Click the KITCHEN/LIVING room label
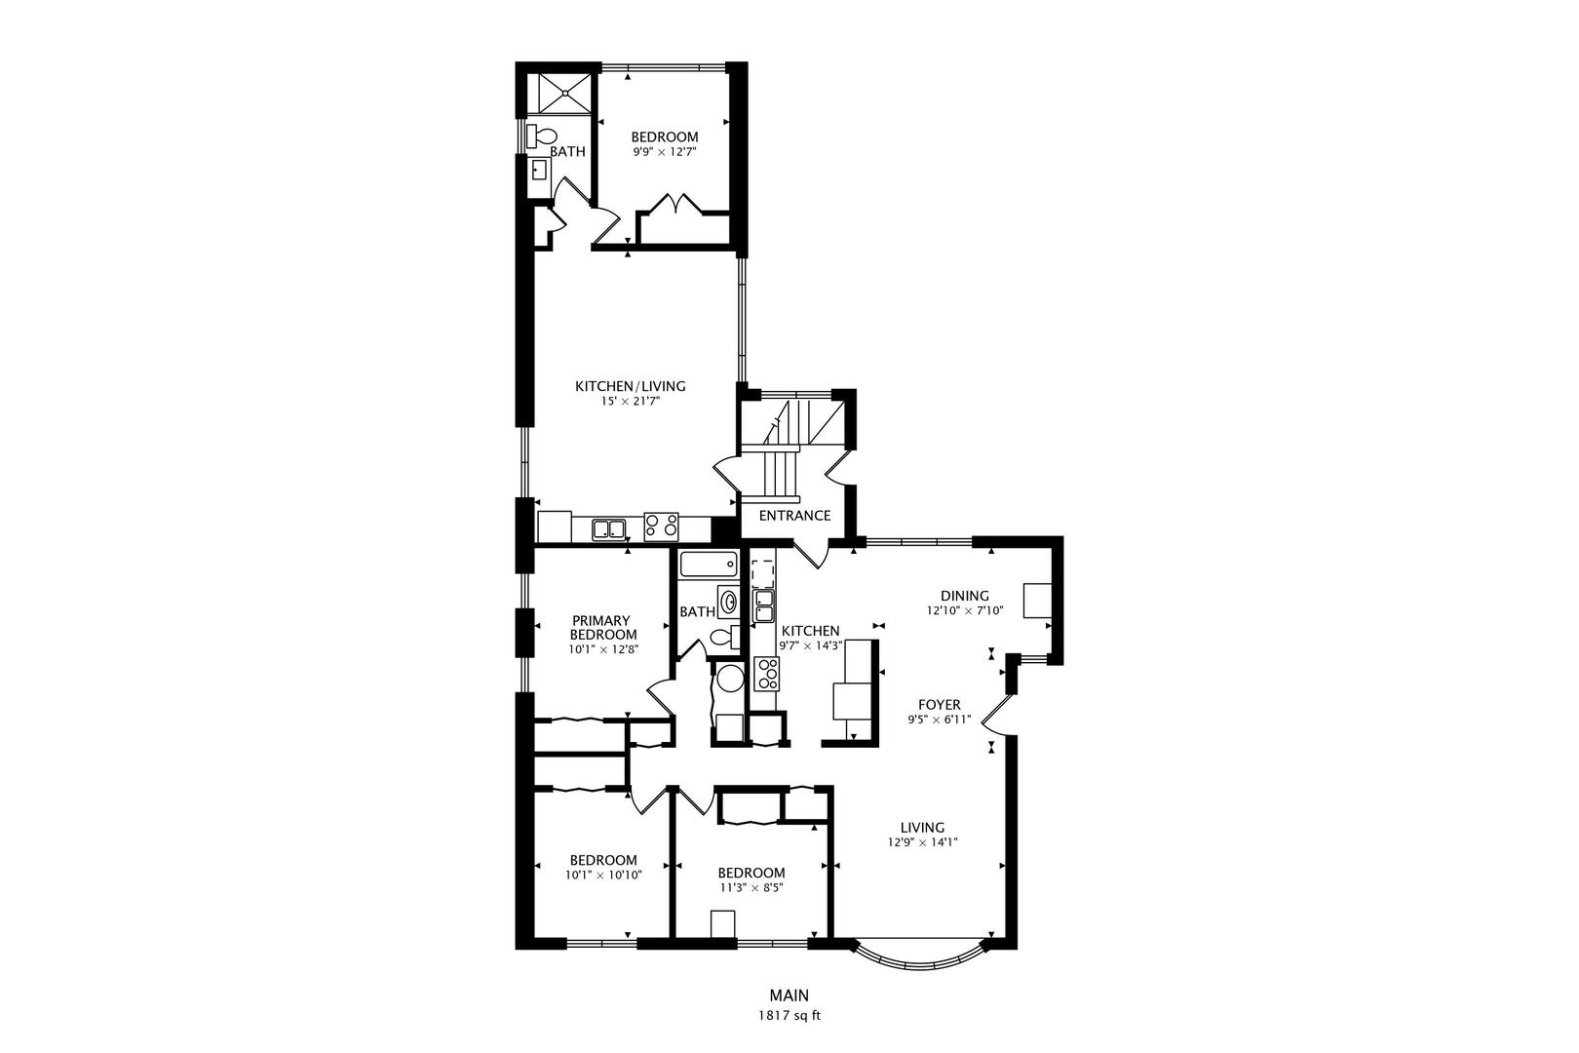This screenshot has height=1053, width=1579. click(x=631, y=386)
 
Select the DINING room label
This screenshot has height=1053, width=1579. click(x=964, y=596)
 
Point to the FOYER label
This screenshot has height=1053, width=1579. click(x=939, y=705)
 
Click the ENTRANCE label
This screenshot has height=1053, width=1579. click(x=794, y=516)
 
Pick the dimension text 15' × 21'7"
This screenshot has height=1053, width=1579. click(x=631, y=402)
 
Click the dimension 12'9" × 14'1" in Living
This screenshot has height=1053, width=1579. click(x=922, y=842)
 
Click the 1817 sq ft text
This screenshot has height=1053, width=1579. click(x=789, y=1016)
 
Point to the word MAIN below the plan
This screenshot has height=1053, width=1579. click(x=789, y=995)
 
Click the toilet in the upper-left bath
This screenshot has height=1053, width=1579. click(x=541, y=136)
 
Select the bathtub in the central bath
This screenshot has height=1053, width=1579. click(x=710, y=565)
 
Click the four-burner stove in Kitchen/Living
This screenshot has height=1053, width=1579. click(x=661, y=526)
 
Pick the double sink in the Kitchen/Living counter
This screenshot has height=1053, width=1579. click(x=609, y=528)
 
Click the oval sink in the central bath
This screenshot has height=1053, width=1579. click(x=728, y=602)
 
